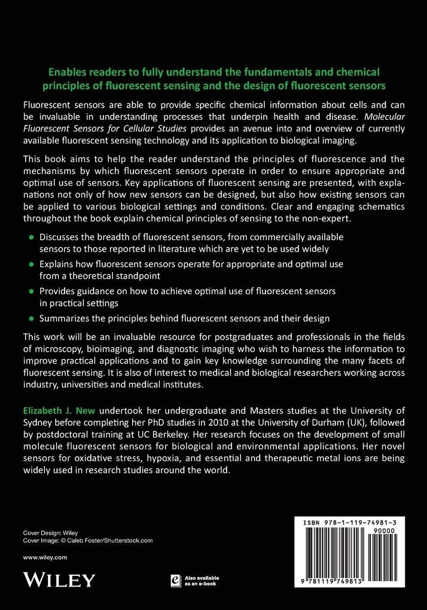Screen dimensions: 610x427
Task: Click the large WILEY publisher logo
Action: pyautogui.click(x=59, y=579)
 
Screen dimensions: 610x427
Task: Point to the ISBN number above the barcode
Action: pyautogui.click(x=353, y=522)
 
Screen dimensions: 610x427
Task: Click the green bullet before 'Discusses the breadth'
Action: pyautogui.click(x=30, y=237)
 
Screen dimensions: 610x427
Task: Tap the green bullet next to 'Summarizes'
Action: pyautogui.click(x=30, y=318)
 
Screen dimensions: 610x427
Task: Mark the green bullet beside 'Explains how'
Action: pyautogui.click(x=30, y=264)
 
